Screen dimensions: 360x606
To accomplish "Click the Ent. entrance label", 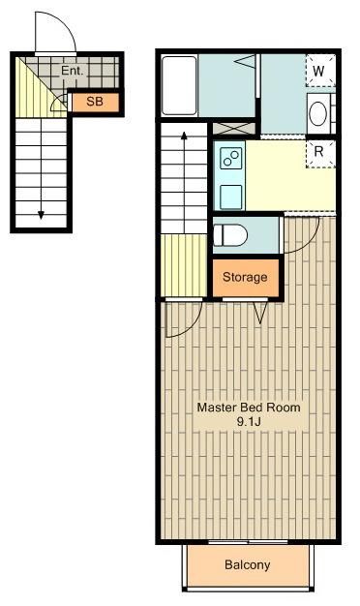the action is click(73, 71).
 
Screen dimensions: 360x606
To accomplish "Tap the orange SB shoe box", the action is click(96, 103).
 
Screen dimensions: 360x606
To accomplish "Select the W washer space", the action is click(320, 71).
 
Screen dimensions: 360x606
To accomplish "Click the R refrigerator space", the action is click(320, 153).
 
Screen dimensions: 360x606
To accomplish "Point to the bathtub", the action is click(179, 86).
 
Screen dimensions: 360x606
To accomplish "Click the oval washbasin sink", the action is click(317, 113).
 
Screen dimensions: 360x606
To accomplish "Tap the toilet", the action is click(230, 235).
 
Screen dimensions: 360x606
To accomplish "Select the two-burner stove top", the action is click(231, 159).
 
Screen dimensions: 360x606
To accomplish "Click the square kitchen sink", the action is click(231, 197).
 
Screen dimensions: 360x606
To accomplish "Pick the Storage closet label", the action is click(245, 277).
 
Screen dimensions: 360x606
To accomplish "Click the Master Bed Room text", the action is click(249, 407).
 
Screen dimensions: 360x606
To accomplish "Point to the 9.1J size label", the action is click(249, 421).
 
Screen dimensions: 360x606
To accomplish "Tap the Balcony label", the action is click(247, 565).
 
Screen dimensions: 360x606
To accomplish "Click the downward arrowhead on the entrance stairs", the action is click(41, 215).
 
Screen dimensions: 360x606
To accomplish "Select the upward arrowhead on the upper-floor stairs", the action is click(184, 136).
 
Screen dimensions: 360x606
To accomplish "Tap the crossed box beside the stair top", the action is click(234, 129).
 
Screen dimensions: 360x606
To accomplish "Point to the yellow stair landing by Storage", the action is click(184, 265).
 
